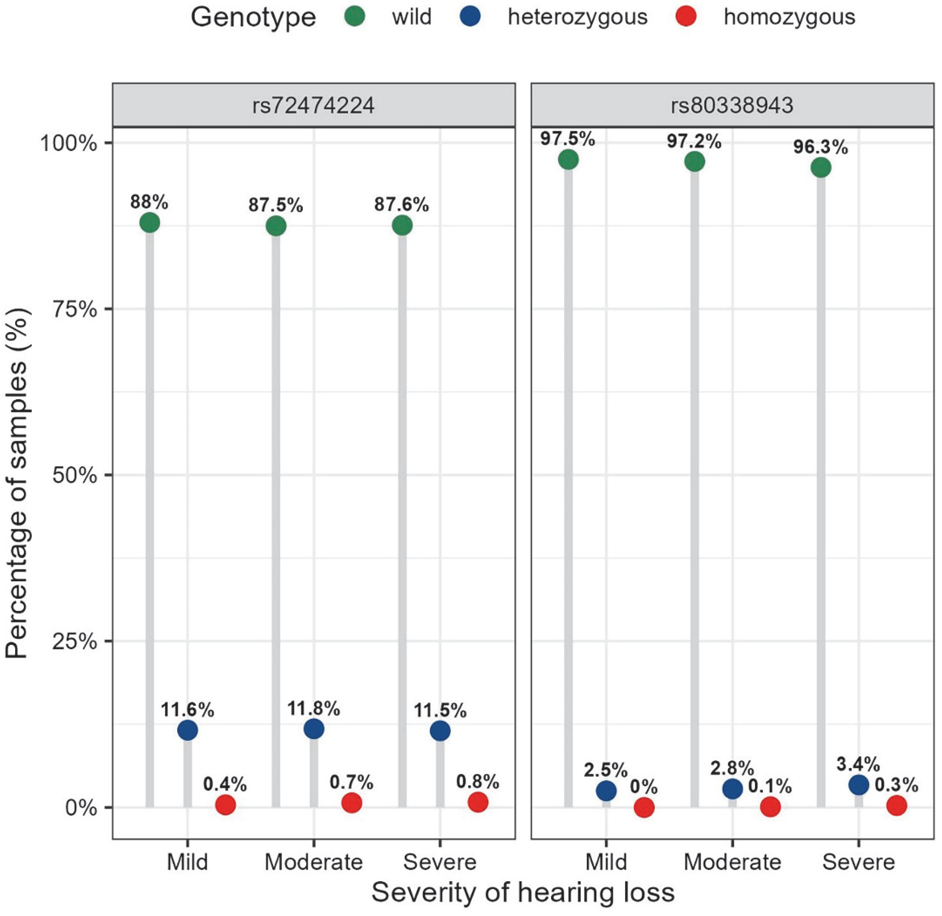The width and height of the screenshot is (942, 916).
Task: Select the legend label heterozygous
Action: [x=578, y=17]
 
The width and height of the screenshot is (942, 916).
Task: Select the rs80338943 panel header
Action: [x=732, y=105]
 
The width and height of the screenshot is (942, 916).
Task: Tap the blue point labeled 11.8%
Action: [x=314, y=729]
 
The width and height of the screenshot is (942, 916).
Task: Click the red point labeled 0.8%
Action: [x=478, y=802]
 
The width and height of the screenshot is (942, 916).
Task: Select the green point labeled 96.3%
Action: [x=821, y=168]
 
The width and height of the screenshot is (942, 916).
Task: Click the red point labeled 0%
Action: [x=644, y=807]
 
